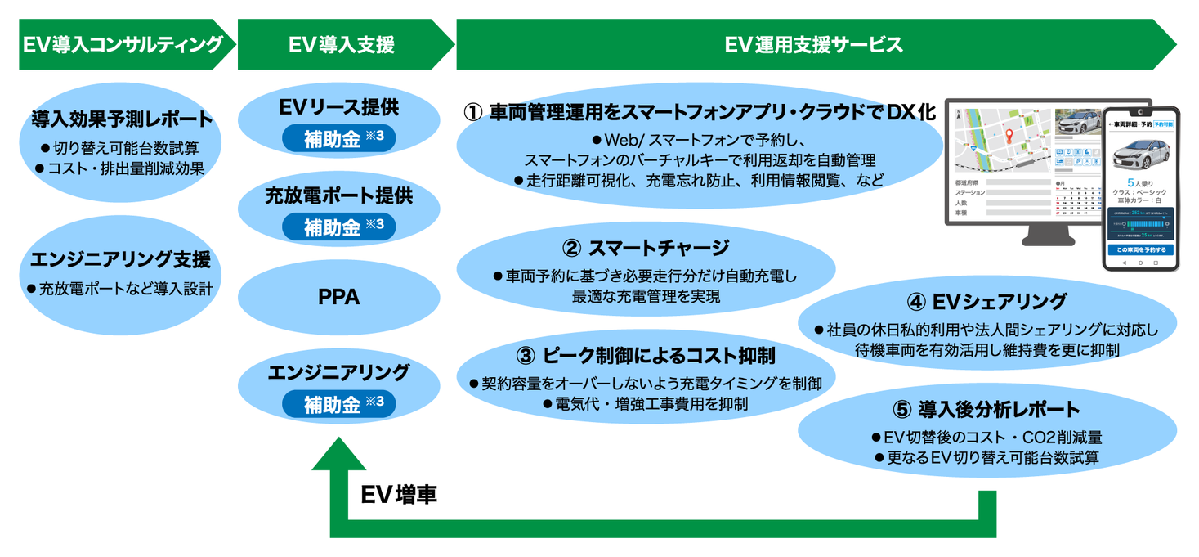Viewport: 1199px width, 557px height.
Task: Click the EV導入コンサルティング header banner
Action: (123, 44)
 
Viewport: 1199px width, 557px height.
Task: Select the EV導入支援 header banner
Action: (342, 44)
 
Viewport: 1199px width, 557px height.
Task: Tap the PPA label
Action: (338, 298)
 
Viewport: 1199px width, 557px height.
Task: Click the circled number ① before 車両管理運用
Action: (473, 113)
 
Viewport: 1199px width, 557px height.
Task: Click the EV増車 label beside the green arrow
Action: (399, 495)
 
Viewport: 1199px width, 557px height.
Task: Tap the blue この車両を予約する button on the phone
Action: (1140, 249)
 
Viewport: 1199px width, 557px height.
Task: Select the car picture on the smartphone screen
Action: (1140, 154)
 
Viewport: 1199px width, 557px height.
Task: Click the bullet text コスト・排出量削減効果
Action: (125, 168)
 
